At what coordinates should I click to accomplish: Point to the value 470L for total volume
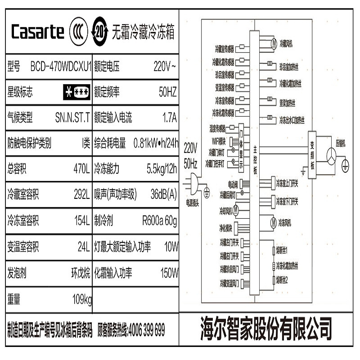[82, 169]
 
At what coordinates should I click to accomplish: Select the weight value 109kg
[82, 299]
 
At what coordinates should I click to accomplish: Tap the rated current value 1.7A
[170, 118]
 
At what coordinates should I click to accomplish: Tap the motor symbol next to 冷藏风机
[273, 43]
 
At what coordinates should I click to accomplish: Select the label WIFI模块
[219, 141]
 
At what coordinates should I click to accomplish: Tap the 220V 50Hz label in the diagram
[190, 154]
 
